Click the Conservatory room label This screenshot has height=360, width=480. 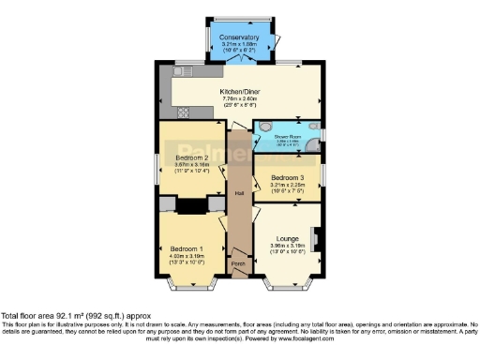(x=240, y=37)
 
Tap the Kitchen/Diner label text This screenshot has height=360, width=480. (x=240, y=91)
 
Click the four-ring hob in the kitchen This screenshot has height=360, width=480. (x=183, y=112)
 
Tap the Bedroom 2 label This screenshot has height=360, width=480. (x=192, y=157)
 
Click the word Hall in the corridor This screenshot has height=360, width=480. (x=240, y=194)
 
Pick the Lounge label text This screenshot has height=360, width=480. (x=287, y=239)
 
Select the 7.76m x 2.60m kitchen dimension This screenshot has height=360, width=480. (x=240, y=99)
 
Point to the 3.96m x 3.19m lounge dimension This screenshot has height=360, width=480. (x=287, y=247)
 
